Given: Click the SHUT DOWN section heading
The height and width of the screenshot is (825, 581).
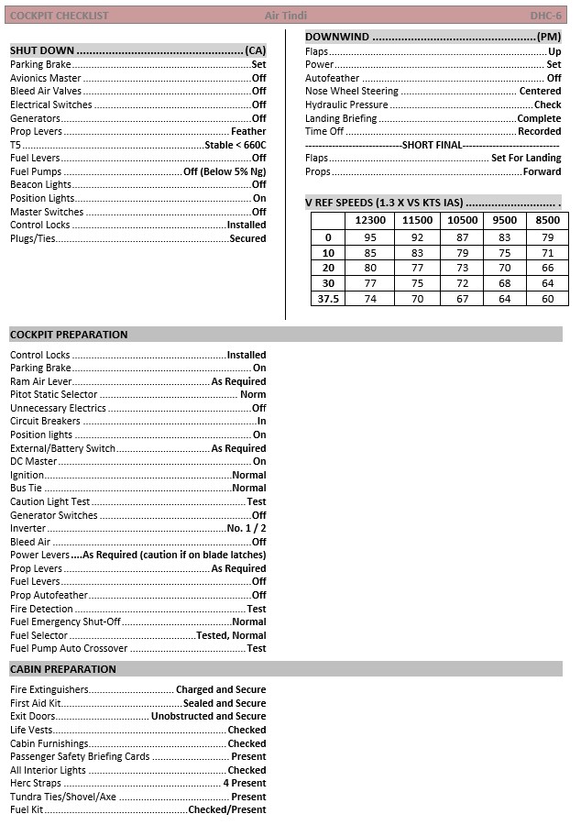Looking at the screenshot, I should click(x=42, y=50).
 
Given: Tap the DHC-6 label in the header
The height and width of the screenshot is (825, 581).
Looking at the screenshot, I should click(x=545, y=16).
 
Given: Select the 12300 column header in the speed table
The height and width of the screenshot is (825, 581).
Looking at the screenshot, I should click(x=369, y=220).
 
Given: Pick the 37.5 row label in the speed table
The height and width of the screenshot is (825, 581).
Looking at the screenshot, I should click(x=328, y=299).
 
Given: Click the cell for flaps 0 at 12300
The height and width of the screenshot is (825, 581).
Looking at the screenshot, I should click(x=369, y=237).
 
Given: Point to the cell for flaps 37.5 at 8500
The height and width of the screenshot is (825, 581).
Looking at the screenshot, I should click(x=547, y=299).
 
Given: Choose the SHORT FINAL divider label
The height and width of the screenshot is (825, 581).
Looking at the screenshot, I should click(x=433, y=145).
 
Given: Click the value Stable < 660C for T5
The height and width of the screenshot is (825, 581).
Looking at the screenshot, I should click(x=236, y=145).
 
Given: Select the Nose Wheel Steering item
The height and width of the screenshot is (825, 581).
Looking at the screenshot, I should click(x=352, y=92).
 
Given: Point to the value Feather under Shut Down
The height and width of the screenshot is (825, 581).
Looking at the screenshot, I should click(x=248, y=131).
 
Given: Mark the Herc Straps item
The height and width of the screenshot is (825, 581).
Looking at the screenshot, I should click(x=36, y=784).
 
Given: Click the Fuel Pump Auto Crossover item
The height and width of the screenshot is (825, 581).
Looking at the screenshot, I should click(x=69, y=648).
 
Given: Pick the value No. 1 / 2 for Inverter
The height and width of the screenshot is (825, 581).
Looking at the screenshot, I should click(x=247, y=529).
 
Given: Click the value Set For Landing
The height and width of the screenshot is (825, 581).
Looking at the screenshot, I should click(x=526, y=158).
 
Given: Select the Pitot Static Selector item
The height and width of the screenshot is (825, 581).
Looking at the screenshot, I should click(x=53, y=395).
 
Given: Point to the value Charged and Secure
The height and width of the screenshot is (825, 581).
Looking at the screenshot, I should click(x=221, y=689).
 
